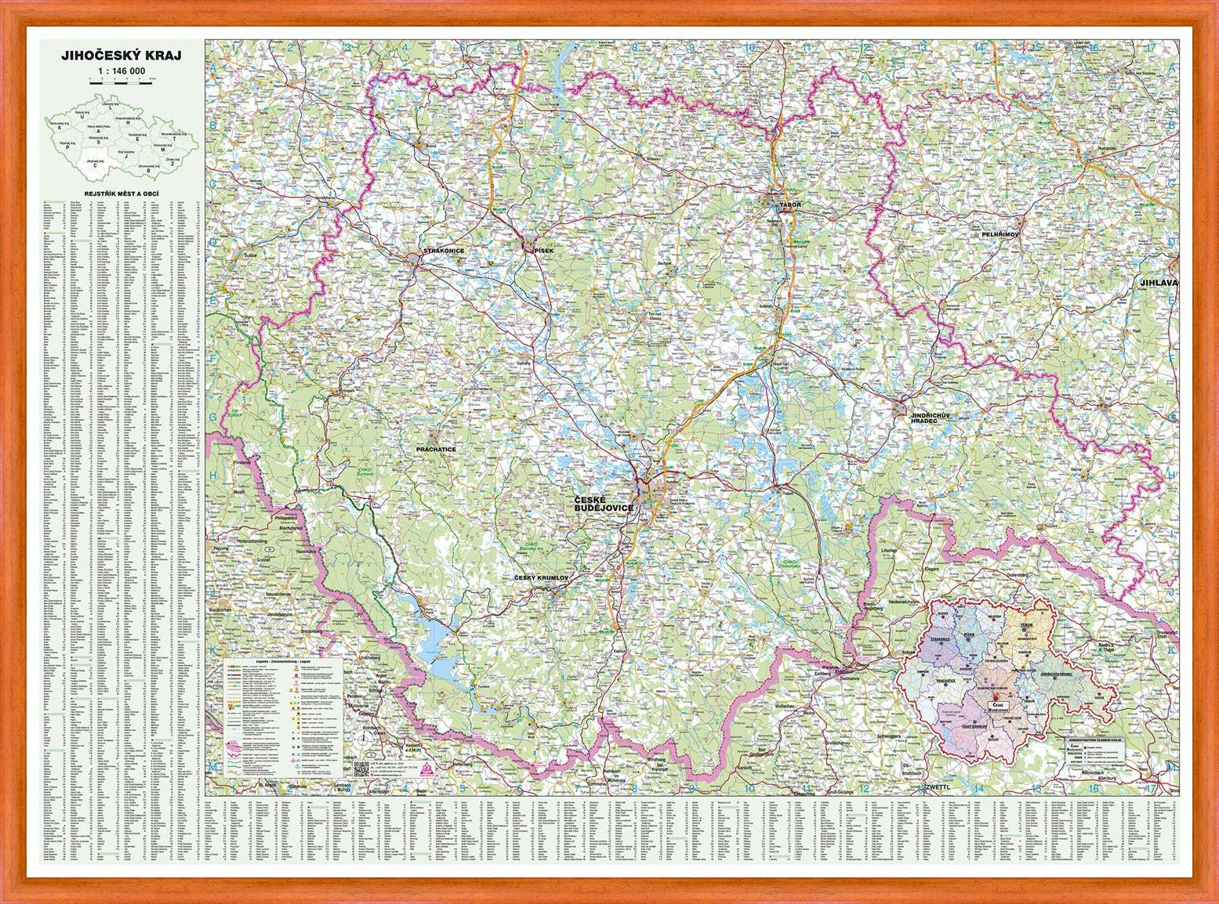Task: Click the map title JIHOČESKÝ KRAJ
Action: click(121, 56)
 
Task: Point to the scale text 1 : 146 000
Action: click(121, 71)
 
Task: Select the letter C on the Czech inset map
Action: click(96, 165)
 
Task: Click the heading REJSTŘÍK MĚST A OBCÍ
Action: click(121, 192)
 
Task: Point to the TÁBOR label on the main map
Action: click(790, 205)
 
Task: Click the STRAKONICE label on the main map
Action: click(444, 251)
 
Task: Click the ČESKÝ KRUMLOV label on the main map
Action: click(541, 577)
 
